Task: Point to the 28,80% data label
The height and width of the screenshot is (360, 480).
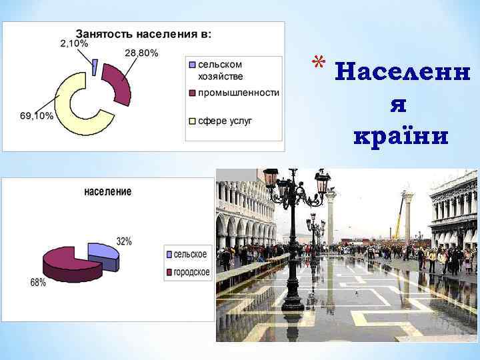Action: pyautogui.click(x=141, y=53)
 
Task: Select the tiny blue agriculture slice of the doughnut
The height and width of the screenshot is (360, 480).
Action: pyautogui.click(x=95, y=66)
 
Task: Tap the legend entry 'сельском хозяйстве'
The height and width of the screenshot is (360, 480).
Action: pyautogui.click(x=220, y=70)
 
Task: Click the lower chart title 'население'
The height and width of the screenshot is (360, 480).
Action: pyautogui.click(x=107, y=191)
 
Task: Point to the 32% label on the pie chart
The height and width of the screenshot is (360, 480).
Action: pyautogui.click(x=124, y=241)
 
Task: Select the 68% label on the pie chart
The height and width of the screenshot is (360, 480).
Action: pyautogui.click(x=38, y=282)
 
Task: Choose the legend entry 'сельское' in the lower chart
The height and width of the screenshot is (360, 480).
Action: pyautogui.click(x=190, y=254)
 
